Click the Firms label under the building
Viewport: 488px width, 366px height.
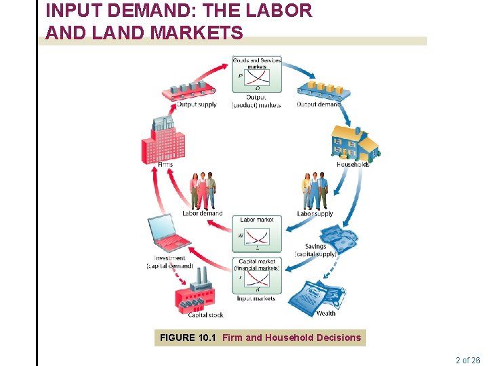pyautogui.click(x=165, y=164)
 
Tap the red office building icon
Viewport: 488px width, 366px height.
pyautogui.click(x=162, y=140)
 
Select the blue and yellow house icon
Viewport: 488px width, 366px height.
pyautogui.click(x=354, y=143)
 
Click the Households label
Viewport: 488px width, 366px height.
pyautogui.click(x=353, y=164)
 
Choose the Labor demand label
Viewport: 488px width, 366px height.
pyautogui.click(x=202, y=213)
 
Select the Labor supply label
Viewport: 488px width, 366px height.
pyautogui.click(x=315, y=214)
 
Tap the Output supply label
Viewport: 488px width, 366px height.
pyautogui.click(x=197, y=104)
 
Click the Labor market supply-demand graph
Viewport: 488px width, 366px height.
pyautogui.click(x=257, y=237)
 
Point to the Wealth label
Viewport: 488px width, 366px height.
pyautogui.click(x=325, y=314)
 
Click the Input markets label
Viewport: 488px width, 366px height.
pyautogui.click(x=256, y=298)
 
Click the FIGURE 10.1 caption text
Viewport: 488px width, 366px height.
pyautogui.click(x=260, y=338)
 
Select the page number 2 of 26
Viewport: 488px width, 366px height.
pyautogui.click(x=468, y=360)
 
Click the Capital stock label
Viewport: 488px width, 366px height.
pyautogui.click(x=205, y=314)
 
